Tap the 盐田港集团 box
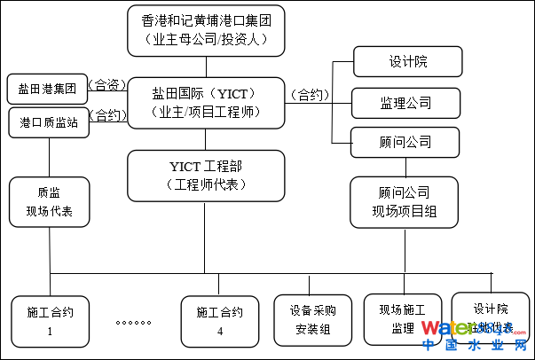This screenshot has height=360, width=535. click(47, 89)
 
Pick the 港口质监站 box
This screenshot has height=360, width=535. click(49, 122)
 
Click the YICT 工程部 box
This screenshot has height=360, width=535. click(205, 175)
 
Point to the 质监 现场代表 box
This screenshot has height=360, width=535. click(49, 202)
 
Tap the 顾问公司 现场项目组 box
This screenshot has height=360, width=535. click(404, 202)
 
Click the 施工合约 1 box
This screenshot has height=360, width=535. click(50, 320)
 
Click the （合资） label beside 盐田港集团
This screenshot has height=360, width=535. click(108, 86)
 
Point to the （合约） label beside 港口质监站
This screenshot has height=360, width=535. click(107, 115)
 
